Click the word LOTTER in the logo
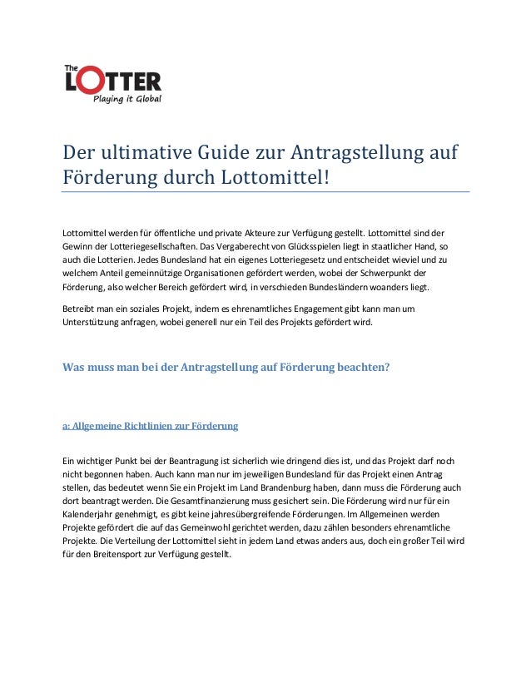[113, 82]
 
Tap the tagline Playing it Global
[127, 100]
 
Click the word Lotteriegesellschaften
[149, 247]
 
